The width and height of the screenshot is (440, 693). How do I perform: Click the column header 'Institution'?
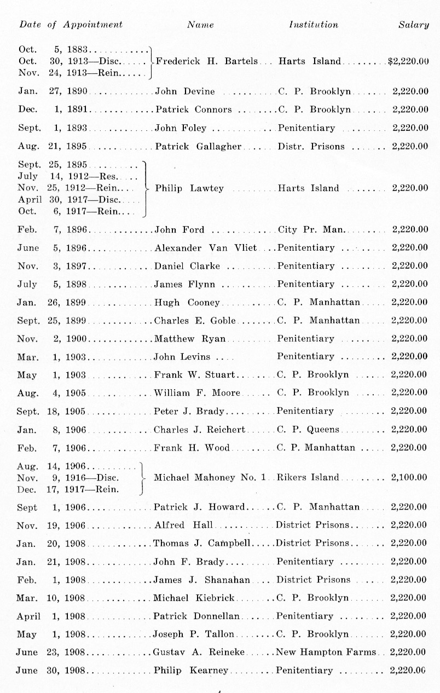pyautogui.click(x=314, y=25)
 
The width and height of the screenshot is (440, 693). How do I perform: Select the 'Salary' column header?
pyautogui.click(x=413, y=25)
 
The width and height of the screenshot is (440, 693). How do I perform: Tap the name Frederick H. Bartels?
pyautogui.click(x=207, y=61)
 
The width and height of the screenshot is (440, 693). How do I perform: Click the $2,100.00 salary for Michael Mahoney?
pyautogui.click(x=409, y=477)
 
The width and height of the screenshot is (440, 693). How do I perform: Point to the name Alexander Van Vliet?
pyautogui.click(x=206, y=248)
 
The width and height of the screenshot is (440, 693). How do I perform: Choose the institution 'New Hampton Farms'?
pyautogui.click(x=326, y=652)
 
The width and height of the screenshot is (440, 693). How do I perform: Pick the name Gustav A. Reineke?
pyautogui.click(x=199, y=652)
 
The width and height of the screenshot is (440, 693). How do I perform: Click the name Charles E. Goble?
pyautogui.click(x=195, y=321)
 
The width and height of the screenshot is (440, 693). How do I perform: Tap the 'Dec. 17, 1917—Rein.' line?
pyautogui.click(x=68, y=489)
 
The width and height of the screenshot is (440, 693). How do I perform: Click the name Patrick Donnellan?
pyautogui.click(x=196, y=616)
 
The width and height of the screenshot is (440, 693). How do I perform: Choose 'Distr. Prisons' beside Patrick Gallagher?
pyautogui.click(x=311, y=147)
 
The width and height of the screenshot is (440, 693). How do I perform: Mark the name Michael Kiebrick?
pyautogui.click(x=194, y=598)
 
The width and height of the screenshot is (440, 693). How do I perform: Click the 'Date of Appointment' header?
pyautogui.click(x=71, y=25)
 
